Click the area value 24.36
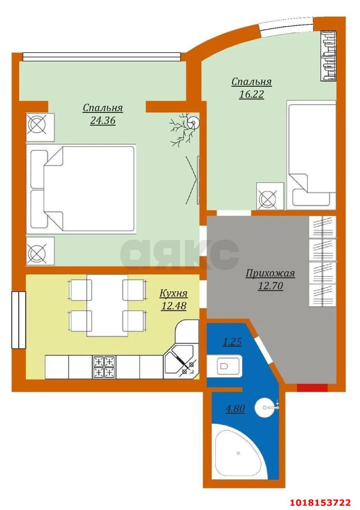tap(103, 120)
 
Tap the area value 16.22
tap(251, 94)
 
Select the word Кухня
tap(173, 294)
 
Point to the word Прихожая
tap(270, 273)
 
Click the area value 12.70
tap(270, 286)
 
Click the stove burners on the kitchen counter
tap(104, 367)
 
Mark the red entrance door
tap(312, 388)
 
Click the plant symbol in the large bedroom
tap(184, 129)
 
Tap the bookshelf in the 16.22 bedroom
tap(329, 56)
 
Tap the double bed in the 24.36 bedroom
tap(81, 189)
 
